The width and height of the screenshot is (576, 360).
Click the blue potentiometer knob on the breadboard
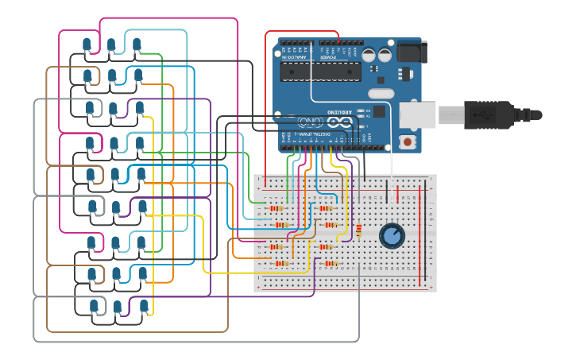click(391, 234)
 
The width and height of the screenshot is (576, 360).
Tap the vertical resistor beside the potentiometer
click(358, 231)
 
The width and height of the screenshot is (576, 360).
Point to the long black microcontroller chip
click(322, 72)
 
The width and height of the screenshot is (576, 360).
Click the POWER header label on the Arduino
click(327, 57)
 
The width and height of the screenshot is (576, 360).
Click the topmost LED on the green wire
click(137, 45)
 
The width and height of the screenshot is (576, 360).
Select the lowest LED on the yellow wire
click(144, 306)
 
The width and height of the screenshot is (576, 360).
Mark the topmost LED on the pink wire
click(87, 44)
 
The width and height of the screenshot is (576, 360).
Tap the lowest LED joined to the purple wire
click(118, 307)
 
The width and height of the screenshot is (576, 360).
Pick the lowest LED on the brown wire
click(93, 306)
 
